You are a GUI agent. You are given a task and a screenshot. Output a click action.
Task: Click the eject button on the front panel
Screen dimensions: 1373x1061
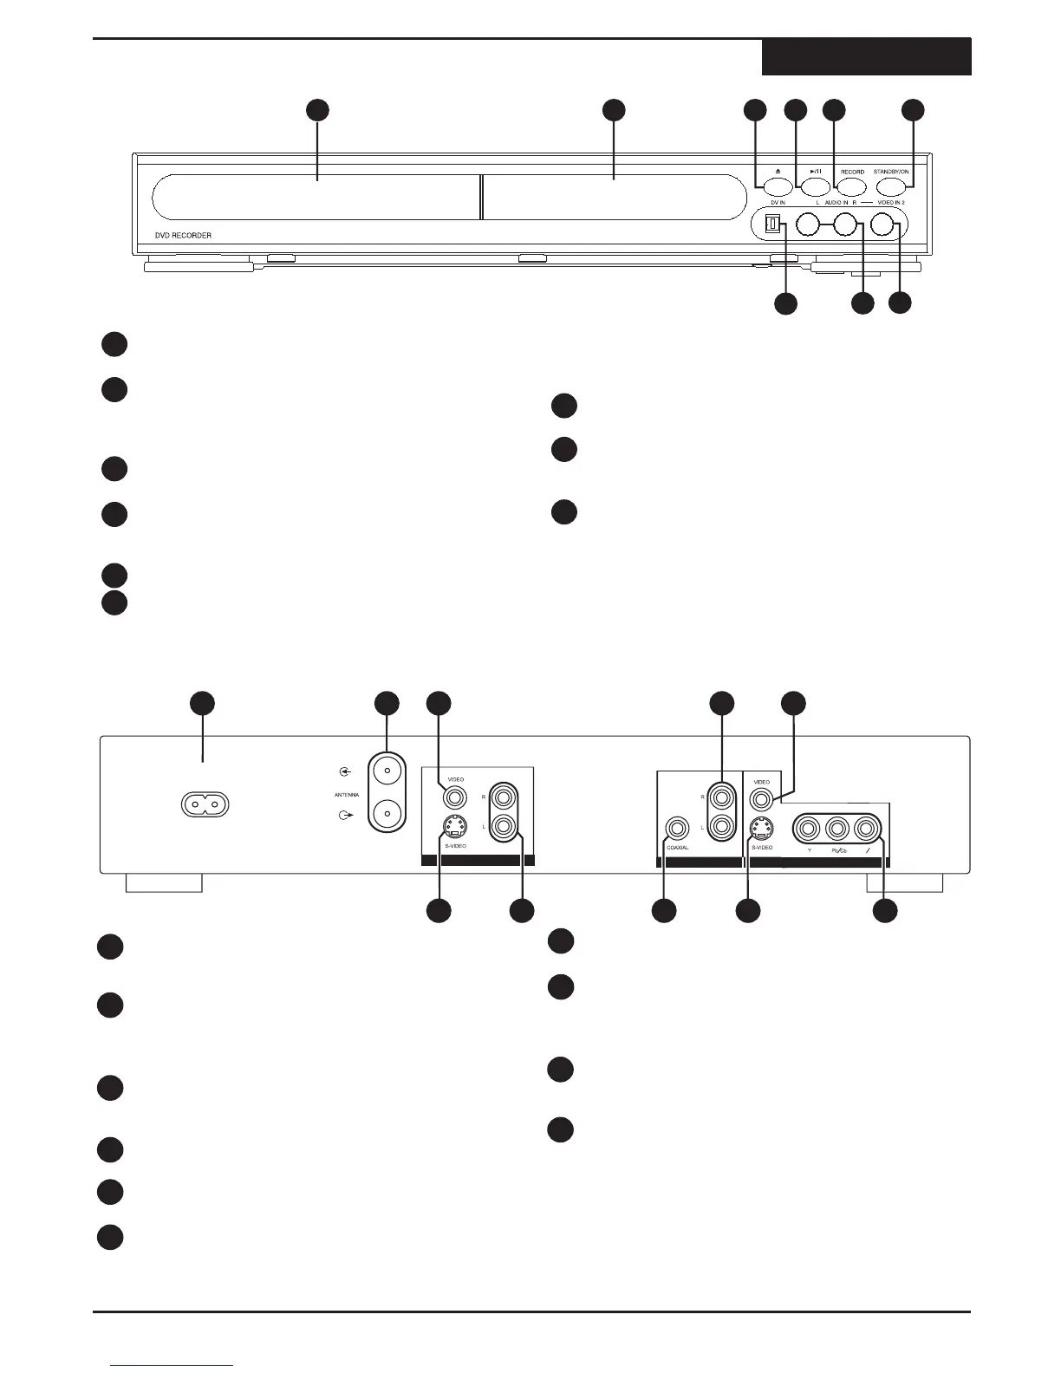(x=778, y=185)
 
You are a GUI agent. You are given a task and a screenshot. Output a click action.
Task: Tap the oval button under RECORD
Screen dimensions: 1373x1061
(x=852, y=185)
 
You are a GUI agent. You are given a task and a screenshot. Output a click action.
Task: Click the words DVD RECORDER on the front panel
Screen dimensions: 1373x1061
(x=178, y=236)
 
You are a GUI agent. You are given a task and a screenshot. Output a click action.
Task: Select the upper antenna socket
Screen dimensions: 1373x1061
(x=387, y=771)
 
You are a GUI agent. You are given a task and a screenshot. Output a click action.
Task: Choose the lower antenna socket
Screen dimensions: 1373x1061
(x=387, y=815)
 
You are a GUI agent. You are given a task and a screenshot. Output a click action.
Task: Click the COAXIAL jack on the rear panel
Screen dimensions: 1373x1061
(x=676, y=829)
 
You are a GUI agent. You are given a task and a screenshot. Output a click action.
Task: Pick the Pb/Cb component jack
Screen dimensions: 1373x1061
(x=837, y=829)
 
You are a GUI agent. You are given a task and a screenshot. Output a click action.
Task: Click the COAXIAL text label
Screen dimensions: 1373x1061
(x=676, y=848)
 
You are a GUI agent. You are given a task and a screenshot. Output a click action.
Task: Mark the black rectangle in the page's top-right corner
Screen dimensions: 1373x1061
(x=866, y=57)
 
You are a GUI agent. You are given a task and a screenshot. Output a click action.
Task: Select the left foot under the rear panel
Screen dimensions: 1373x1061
(x=164, y=883)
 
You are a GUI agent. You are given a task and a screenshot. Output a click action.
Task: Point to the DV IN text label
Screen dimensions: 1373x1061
(x=778, y=202)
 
